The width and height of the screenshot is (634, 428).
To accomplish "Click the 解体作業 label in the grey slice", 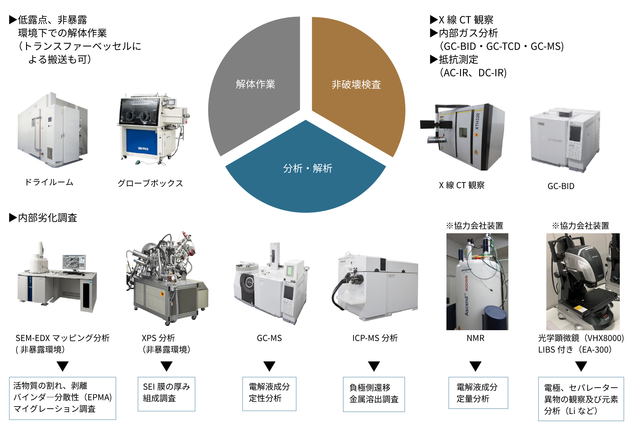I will coord(255,84).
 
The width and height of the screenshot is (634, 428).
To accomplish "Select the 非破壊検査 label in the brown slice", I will coord(356,85).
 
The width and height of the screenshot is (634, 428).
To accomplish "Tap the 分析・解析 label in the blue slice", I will coord(307,168).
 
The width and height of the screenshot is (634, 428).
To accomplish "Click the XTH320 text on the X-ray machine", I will coord(477,121).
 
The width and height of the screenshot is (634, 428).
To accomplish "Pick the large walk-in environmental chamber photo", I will coord(53,130).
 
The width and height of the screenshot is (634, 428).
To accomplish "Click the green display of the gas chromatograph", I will coord(290,271).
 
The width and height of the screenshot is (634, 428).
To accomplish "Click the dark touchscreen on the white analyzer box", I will coord(575,133).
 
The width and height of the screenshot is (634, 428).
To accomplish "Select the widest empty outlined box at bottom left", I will coord(62,398).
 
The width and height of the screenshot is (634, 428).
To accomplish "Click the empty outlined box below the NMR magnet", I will coord(478,393).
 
